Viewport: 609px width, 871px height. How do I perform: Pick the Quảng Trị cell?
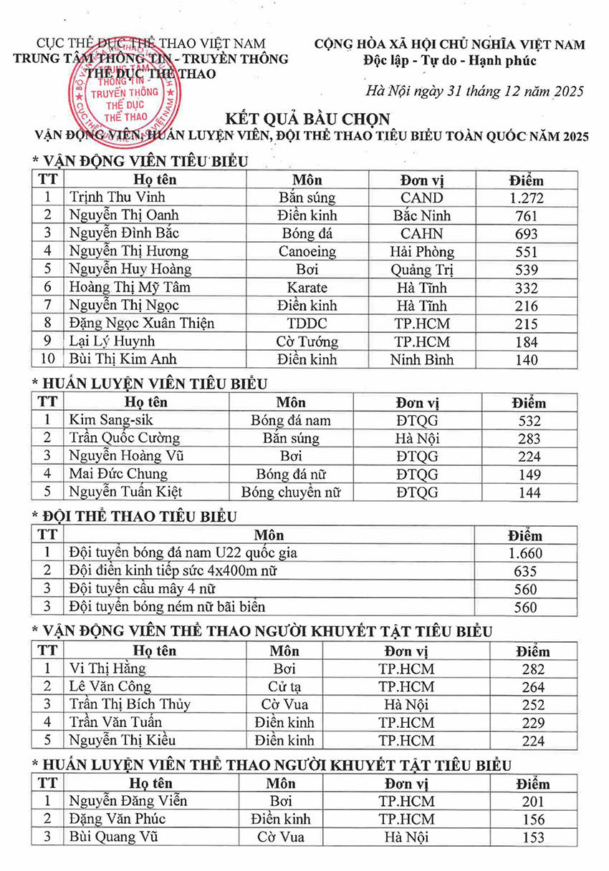(x=422, y=270)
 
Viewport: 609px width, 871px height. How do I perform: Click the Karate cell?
(x=307, y=288)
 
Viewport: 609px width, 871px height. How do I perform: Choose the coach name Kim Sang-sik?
(x=110, y=420)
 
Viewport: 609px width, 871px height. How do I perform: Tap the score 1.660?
(x=524, y=553)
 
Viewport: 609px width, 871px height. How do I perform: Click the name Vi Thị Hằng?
(x=107, y=668)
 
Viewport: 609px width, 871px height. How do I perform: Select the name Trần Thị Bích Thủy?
(x=130, y=704)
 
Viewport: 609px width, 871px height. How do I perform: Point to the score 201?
(x=532, y=802)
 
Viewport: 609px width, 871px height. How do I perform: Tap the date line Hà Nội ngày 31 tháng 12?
(x=474, y=91)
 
